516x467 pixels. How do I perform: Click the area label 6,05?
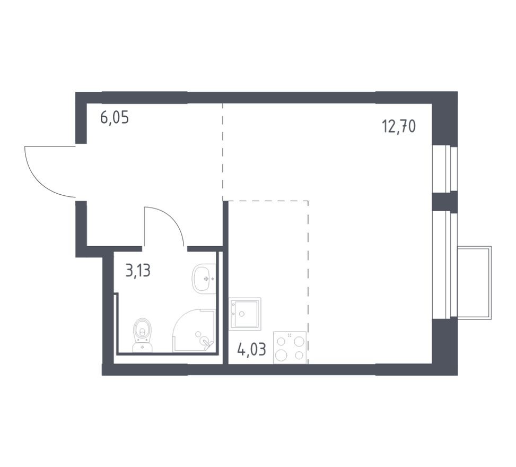coord(115,117)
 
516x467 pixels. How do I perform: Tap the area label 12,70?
coord(398,126)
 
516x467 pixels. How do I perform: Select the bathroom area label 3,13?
coord(138,271)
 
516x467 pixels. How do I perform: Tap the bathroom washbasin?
coord(204,278)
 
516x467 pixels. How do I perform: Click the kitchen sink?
coord(244,314)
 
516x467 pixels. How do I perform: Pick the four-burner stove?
coord(290,347)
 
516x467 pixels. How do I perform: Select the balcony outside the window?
coord(474,282)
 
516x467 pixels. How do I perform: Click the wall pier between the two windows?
coord(444,202)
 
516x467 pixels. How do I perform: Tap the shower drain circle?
coord(198,334)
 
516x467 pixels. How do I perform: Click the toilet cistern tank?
coord(142,347)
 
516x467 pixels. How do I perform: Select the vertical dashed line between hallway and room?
coord(223,151)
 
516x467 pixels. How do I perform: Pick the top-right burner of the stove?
coord(300,340)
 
